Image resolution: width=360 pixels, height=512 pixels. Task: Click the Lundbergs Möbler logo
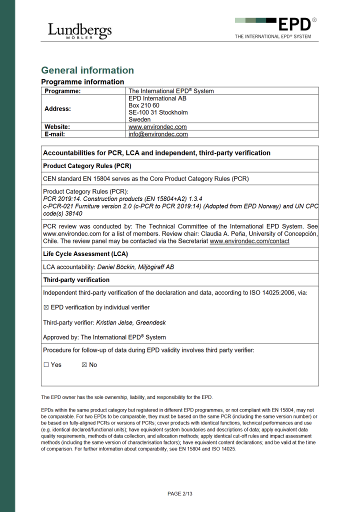[x=79, y=31]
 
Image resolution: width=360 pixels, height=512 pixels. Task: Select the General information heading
[x=87, y=70]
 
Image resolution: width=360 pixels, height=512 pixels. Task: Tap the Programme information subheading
[x=82, y=81]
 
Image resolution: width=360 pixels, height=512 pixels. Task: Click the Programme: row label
[x=62, y=91]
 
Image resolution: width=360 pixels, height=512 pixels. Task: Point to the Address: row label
[x=57, y=108]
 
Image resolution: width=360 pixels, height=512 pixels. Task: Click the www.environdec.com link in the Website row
[x=157, y=127]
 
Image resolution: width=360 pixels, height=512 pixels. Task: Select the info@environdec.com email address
[x=158, y=134]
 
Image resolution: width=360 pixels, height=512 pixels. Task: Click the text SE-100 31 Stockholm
[x=158, y=112]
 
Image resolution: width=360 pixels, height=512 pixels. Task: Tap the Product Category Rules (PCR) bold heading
[x=87, y=165]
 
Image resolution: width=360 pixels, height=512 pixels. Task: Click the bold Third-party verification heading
[x=76, y=280]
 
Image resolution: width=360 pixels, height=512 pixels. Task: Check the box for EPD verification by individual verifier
[x=46, y=307]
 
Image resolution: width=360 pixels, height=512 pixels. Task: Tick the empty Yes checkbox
[x=46, y=365]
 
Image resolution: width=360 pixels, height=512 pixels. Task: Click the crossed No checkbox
[x=84, y=365]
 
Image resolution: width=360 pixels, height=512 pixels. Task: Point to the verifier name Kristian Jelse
[x=114, y=323]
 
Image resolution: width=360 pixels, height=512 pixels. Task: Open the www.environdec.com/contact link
[x=249, y=241]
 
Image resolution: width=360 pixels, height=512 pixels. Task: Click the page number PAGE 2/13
[x=180, y=494]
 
